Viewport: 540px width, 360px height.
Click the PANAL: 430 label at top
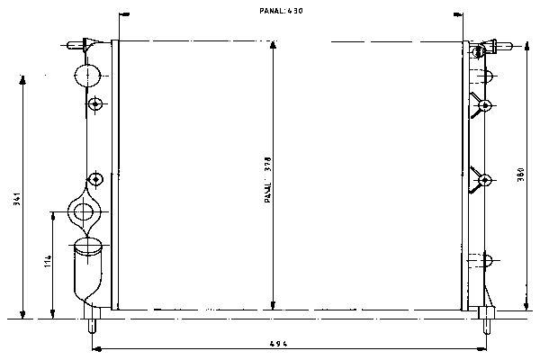pos(281,11)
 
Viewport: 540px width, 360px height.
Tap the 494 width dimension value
pos(278,344)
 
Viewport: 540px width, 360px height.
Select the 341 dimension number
pos(16,199)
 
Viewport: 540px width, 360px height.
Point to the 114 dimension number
pos(48,261)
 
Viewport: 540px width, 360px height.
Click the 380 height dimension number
pos(520,175)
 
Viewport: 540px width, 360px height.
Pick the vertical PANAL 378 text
pos(268,179)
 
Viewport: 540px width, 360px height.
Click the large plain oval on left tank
pos(87,75)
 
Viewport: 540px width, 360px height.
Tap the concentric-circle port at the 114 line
pos(84,211)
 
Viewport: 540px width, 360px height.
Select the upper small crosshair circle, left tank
pos(95,103)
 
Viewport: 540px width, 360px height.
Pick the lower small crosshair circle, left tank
pos(95,179)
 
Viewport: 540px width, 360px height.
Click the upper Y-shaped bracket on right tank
pos(481,105)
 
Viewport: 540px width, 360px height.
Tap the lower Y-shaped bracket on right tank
pos(481,179)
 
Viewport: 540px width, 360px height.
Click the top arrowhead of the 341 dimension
pos(22,79)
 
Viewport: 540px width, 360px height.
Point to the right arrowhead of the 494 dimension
pos(481,349)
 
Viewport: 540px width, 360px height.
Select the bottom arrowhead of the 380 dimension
pos(526,306)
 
